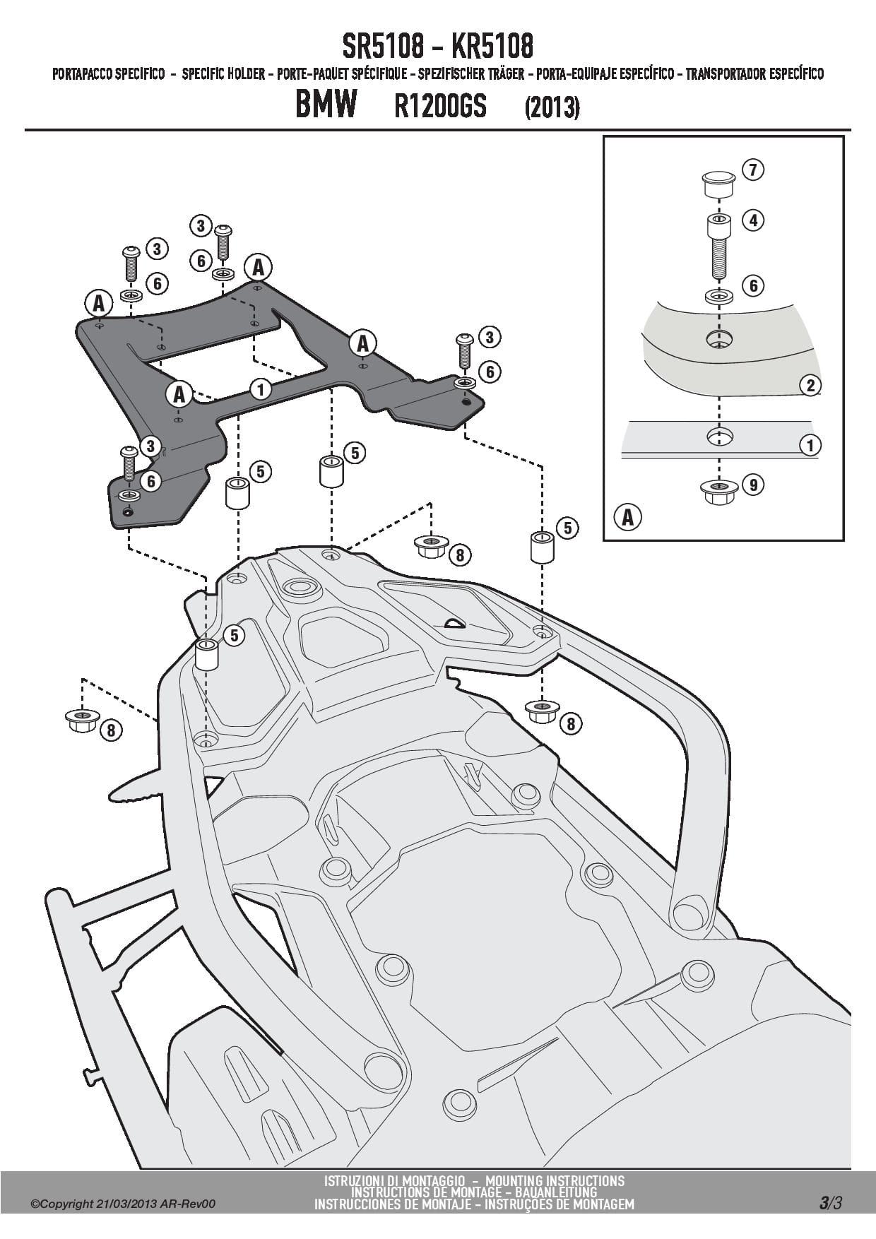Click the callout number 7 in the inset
[753, 170]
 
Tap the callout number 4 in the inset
[753, 220]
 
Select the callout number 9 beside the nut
[753, 485]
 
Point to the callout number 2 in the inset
[810, 385]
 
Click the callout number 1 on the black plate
[261, 389]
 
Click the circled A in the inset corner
[627, 517]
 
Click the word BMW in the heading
[326, 107]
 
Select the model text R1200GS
[440, 107]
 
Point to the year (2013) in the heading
[552, 108]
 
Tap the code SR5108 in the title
[383, 47]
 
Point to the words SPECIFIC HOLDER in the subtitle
[223, 74]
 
